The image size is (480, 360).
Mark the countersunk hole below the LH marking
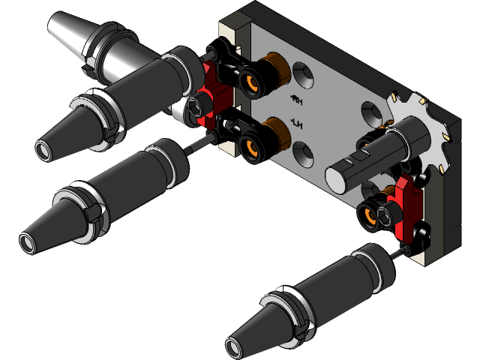tap(305, 155)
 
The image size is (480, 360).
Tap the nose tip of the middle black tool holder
tap(28, 242)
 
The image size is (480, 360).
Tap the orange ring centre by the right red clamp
tap(369, 217)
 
